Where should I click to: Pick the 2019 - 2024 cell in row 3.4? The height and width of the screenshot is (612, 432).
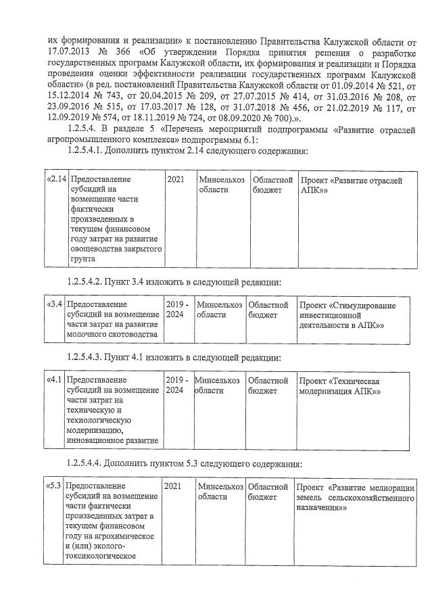[x=177, y=310]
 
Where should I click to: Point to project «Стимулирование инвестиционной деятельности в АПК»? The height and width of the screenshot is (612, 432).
[x=347, y=315]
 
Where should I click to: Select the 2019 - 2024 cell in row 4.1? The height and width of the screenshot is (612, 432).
[x=177, y=385]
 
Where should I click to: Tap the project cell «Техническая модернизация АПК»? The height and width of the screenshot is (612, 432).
[x=340, y=385]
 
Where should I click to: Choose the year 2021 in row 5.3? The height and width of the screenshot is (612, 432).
[x=173, y=487]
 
